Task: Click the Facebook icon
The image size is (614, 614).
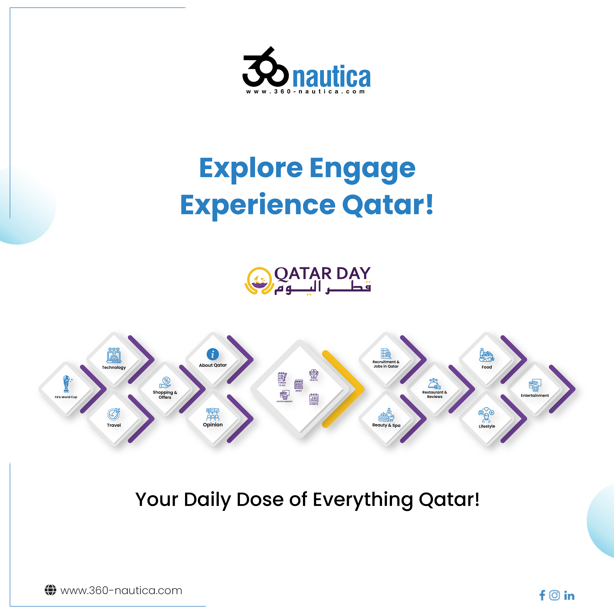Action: [542, 595]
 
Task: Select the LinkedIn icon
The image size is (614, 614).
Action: [569, 595]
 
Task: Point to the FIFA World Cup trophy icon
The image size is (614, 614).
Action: [66, 384]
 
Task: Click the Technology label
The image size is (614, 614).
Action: [114, 367]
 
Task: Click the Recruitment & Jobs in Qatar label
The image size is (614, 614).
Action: [386, 364]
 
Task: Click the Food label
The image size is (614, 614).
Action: [487, 367]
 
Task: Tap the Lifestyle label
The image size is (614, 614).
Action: [487, 426]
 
